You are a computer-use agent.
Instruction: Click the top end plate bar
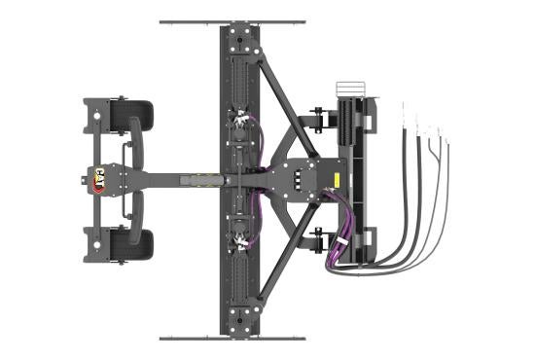click(x=232, y=21)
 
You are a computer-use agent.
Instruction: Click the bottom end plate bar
click(x=232, y=338)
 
